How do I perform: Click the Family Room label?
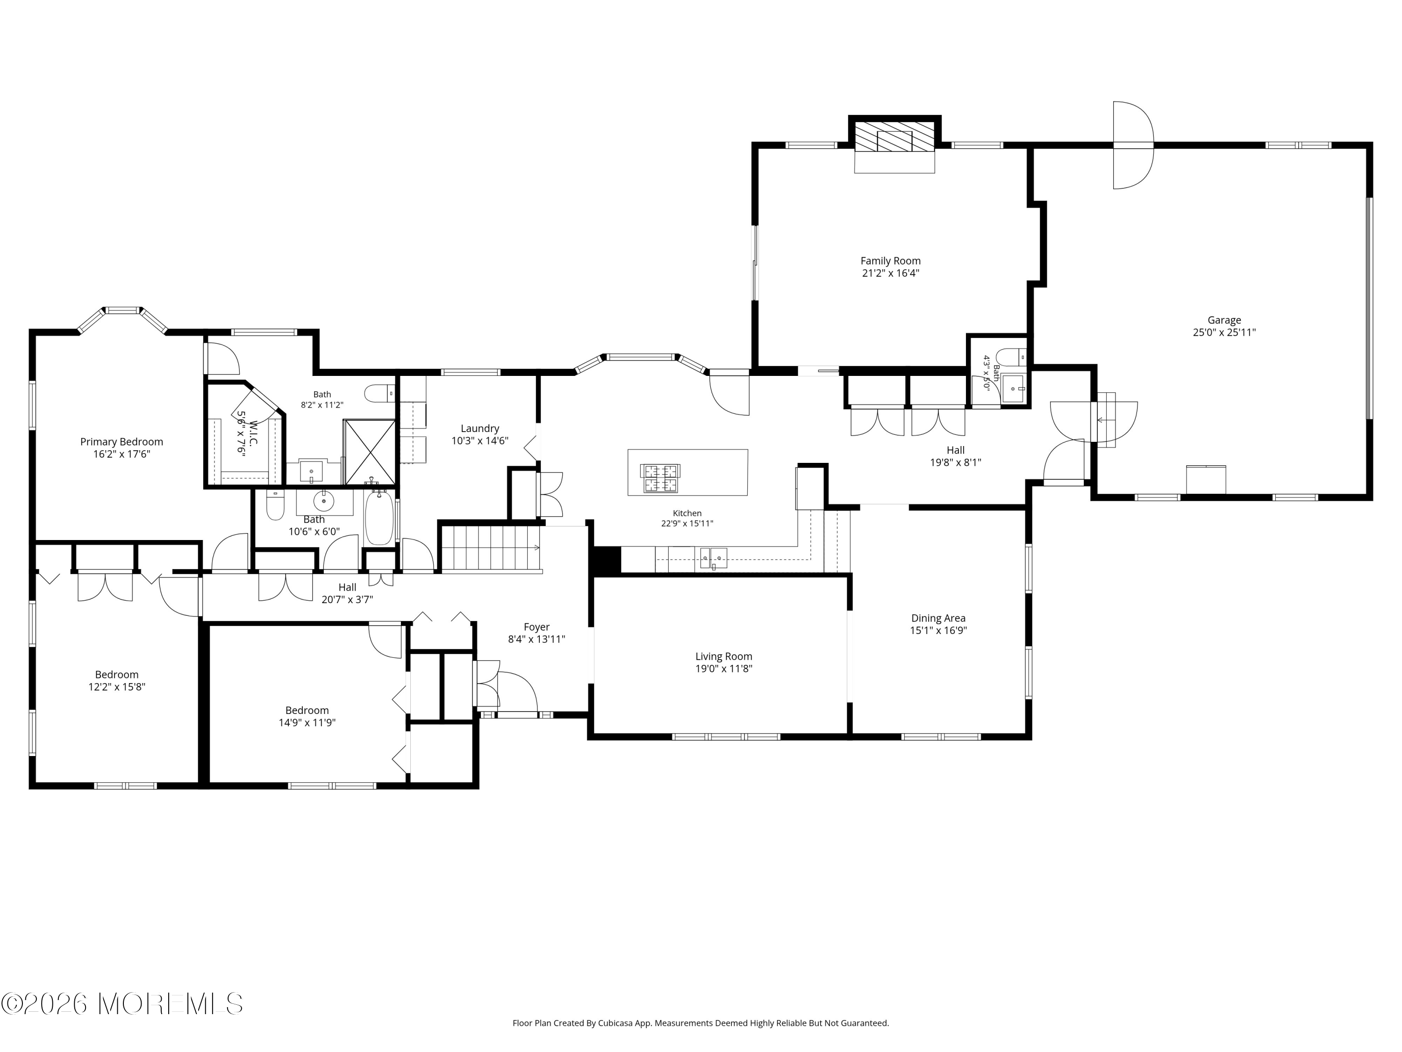tap(890, 260)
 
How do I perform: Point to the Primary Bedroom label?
tap(121, 442)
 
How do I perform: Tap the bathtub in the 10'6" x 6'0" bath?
tap(379, 516)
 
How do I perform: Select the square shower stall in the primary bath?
tap(369, 452)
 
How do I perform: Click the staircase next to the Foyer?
tap(491, 547)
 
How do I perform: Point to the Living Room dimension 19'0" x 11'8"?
tap(723, 668)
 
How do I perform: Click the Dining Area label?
tap(938, 618)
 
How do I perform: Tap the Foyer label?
tap(536, 627)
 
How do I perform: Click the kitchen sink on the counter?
tap(713, 558)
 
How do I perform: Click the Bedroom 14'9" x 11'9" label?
tap(307, 711)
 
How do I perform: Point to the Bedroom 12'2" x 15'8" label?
tap(117, 675)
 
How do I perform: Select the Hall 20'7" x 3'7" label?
tap(347, 587)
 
